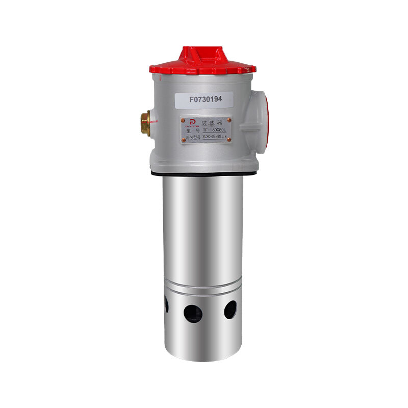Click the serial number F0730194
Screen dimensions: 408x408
click(204, 99)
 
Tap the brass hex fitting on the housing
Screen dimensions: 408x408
click(145, 123)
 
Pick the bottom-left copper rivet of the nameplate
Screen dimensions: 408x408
click(182, 141)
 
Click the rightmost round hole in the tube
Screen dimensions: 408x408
click(231, 309)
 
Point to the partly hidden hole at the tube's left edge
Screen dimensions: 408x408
click(166, 305)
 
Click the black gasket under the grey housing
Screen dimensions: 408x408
click(204, 174)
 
